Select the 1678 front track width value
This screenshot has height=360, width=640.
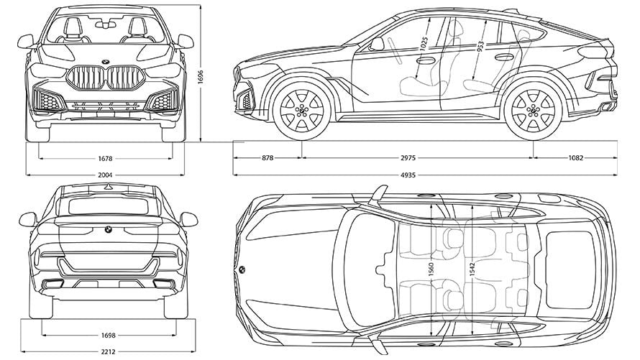coord(106,157)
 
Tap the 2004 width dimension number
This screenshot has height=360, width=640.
coord(106,174)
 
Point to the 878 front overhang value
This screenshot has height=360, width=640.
coord(267,157)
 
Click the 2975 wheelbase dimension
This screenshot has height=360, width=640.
coord(417,157)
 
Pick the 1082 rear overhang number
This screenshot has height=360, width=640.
coord(575,157)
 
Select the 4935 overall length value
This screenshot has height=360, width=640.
coord(424,174)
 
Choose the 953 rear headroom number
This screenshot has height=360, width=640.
coord(481,45)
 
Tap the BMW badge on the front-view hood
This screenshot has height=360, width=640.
coord(106,60)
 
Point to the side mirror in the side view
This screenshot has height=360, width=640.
coord(377,44)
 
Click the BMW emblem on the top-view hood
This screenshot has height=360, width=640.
coord(241,269)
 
